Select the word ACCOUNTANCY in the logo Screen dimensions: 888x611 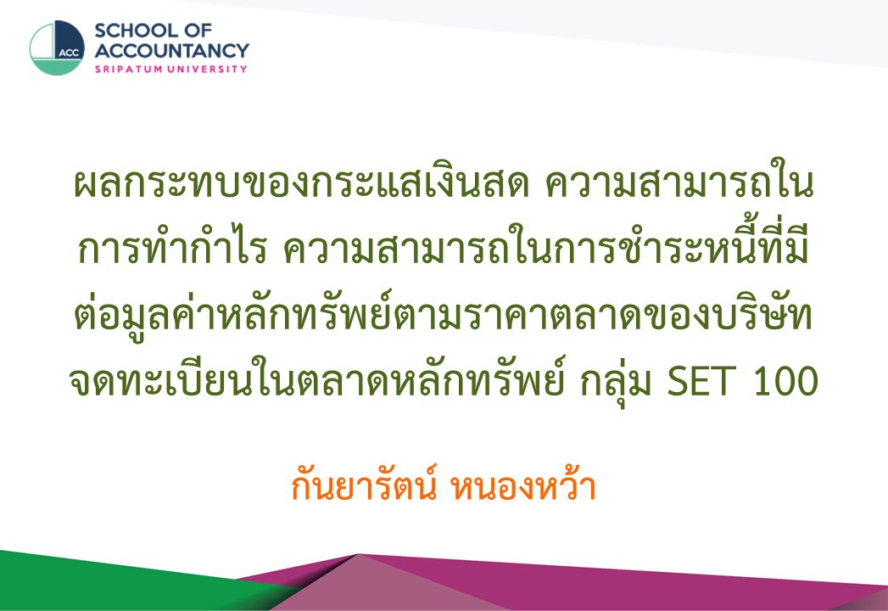(171, 50)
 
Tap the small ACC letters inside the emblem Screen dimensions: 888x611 (69, 53)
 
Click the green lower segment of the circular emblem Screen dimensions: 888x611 (57, 66)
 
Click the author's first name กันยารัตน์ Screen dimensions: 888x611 (363, 486)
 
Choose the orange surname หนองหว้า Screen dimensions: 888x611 (522, 486)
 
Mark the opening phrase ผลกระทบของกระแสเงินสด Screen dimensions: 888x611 (301, 183)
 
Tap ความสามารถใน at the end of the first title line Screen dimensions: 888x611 (679, 183)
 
